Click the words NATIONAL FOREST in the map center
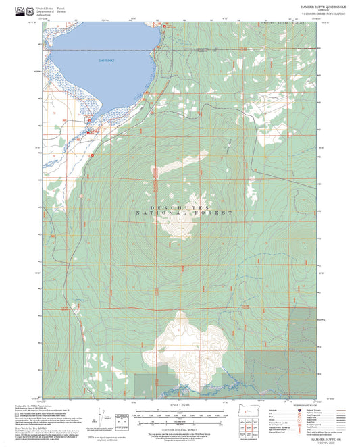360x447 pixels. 184,213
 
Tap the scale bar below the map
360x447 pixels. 180,413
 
